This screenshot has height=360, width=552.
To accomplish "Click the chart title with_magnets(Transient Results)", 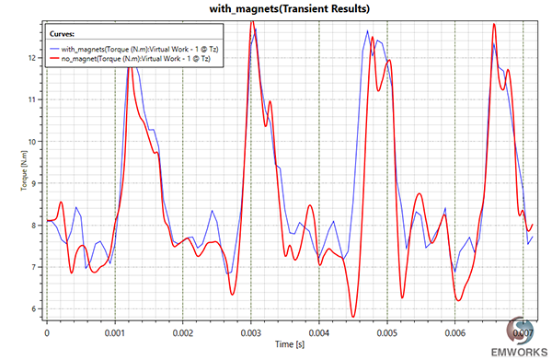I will pos(275,8).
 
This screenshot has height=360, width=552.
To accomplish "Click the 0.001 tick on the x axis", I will pos(114,328).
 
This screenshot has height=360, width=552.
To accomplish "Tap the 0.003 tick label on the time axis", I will pos(250,328).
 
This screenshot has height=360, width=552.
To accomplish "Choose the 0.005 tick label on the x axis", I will pos(386,328).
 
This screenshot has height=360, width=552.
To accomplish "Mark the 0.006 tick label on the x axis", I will pos(454,328).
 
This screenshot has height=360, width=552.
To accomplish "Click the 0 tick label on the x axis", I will pos(46,328).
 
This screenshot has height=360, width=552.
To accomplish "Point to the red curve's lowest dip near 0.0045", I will pos(353,317).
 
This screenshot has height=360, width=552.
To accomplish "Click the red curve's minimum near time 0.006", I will pos(458,300).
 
